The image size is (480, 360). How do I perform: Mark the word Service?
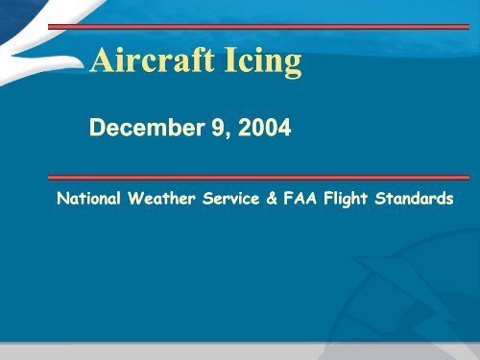pos(232,199)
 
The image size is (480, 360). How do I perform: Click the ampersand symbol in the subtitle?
pos(274,199)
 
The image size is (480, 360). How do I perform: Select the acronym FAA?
pos(300,199)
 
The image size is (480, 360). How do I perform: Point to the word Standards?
pos(415,199)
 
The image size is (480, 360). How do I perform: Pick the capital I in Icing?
pos(229,62)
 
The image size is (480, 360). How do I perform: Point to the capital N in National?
pos(63,199)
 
